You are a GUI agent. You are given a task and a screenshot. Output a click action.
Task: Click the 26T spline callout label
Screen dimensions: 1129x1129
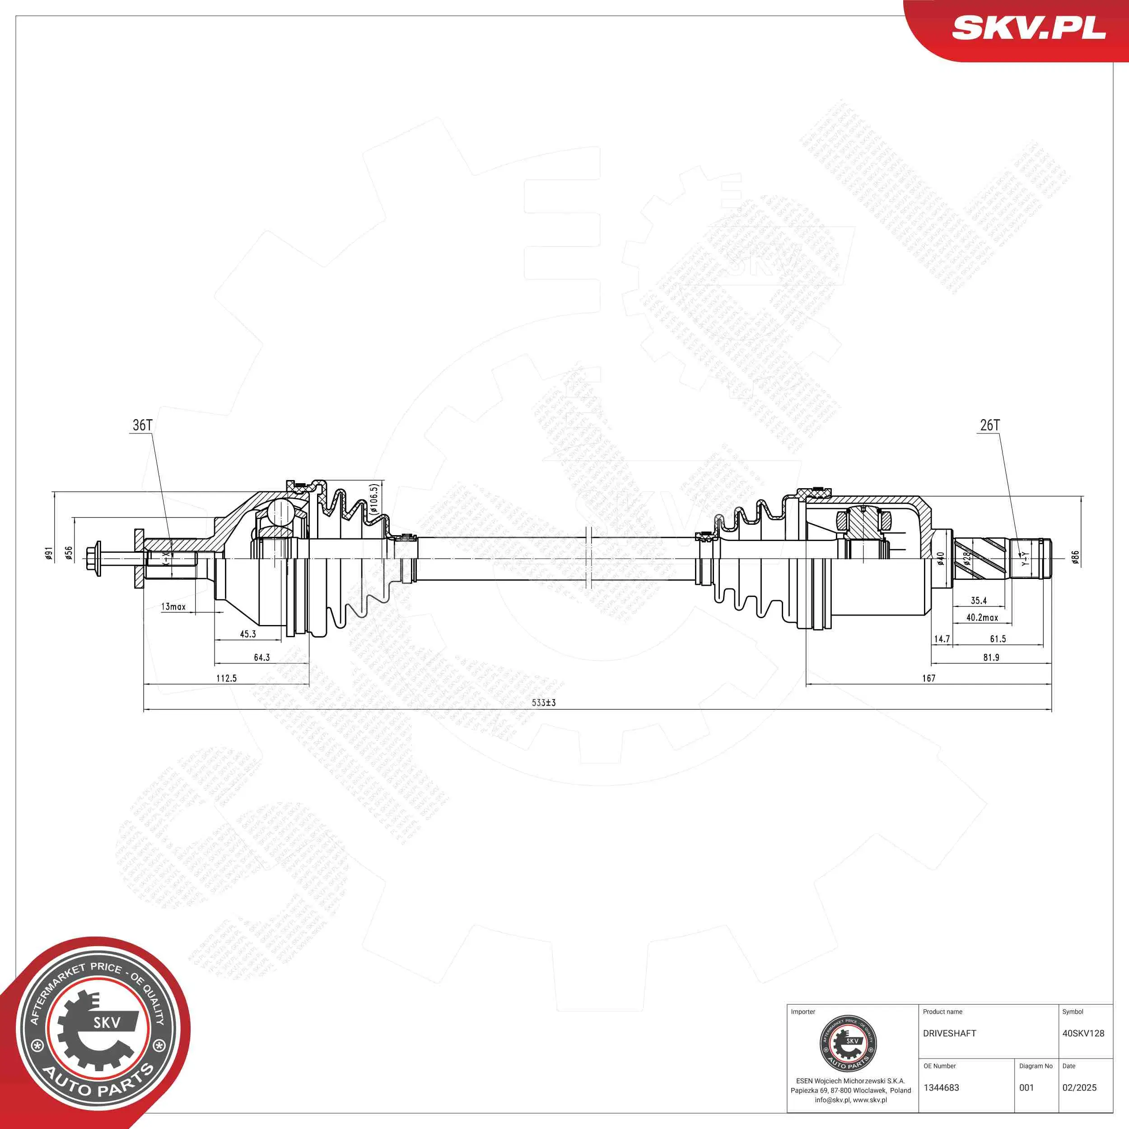click(990, 425)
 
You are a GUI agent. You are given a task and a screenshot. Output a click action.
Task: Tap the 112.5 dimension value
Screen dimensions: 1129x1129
click(226, 678)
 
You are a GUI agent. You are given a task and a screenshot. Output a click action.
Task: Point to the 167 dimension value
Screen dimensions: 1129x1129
click(928, 678)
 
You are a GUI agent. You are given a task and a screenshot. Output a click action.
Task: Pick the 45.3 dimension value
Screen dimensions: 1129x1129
click(248, 634)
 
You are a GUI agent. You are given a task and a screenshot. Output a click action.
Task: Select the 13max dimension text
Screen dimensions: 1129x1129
click(173, 606)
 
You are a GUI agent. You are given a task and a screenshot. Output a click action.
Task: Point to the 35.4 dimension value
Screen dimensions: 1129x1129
click(979, 600)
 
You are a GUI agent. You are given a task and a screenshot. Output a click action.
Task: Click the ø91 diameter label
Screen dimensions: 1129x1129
click(49, 553)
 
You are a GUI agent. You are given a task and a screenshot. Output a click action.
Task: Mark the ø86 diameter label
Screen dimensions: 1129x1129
click(1075, 557)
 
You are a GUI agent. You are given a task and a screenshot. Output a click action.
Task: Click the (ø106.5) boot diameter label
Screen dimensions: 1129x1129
click(374, 499)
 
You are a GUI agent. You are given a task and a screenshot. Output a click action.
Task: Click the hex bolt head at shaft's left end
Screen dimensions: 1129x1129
click(93, 558)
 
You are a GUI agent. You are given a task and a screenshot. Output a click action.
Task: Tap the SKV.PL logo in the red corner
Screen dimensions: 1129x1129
click(1028, 27)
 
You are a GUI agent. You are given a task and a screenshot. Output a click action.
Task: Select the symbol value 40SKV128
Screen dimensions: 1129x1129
click(1083, 1033)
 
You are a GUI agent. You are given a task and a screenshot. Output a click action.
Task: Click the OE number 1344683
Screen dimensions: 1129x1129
click(942, 1087)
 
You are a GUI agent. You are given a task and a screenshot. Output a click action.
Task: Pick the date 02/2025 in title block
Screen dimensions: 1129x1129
click(1079, 1087)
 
